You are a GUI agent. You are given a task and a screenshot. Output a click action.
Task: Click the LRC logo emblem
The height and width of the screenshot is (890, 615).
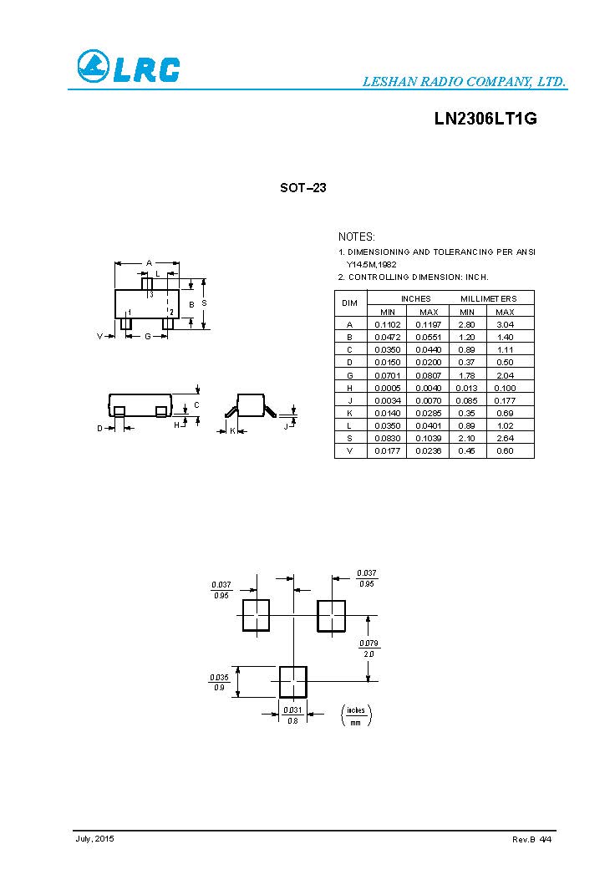click(93, 67)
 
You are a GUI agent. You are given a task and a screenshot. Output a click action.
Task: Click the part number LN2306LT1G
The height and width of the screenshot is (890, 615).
click(485, 119)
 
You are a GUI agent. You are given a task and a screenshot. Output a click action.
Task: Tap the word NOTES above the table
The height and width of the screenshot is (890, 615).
click(357, 237)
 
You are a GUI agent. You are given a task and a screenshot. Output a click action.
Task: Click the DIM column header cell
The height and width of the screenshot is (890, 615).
click(351, 303)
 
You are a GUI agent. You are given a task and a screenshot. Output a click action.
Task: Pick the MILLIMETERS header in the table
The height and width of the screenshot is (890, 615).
click(489, 298)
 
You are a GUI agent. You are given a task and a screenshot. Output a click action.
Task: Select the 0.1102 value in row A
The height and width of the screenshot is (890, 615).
click(387, 324)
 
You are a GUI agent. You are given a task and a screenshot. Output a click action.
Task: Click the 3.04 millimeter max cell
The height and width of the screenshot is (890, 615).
click(505, 324)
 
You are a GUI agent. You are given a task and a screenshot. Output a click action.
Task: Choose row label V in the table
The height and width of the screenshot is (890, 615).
click(350, 451)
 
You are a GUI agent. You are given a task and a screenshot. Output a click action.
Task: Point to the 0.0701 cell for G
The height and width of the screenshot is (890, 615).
click(387, 375)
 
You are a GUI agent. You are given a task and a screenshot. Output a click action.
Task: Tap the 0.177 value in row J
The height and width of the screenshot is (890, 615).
click(505, 400)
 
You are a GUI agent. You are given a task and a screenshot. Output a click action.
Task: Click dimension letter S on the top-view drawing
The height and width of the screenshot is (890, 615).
click(204, 303)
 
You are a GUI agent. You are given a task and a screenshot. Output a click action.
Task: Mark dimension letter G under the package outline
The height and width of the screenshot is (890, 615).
click(147, 336)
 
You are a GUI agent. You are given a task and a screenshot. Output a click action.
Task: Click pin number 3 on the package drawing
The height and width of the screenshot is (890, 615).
click(151, 294)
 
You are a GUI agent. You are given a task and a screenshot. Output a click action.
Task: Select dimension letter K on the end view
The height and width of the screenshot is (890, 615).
click(232, 430)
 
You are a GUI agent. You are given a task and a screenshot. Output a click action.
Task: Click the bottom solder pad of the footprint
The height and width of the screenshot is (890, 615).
click(293, 682)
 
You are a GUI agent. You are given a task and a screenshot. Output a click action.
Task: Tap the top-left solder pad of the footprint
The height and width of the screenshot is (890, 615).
click(257, 615)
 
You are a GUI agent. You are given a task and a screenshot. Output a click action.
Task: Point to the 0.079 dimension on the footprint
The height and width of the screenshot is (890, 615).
click(368, 643)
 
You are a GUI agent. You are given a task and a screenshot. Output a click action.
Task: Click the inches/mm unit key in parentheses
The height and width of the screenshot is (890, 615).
click(357, 715)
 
